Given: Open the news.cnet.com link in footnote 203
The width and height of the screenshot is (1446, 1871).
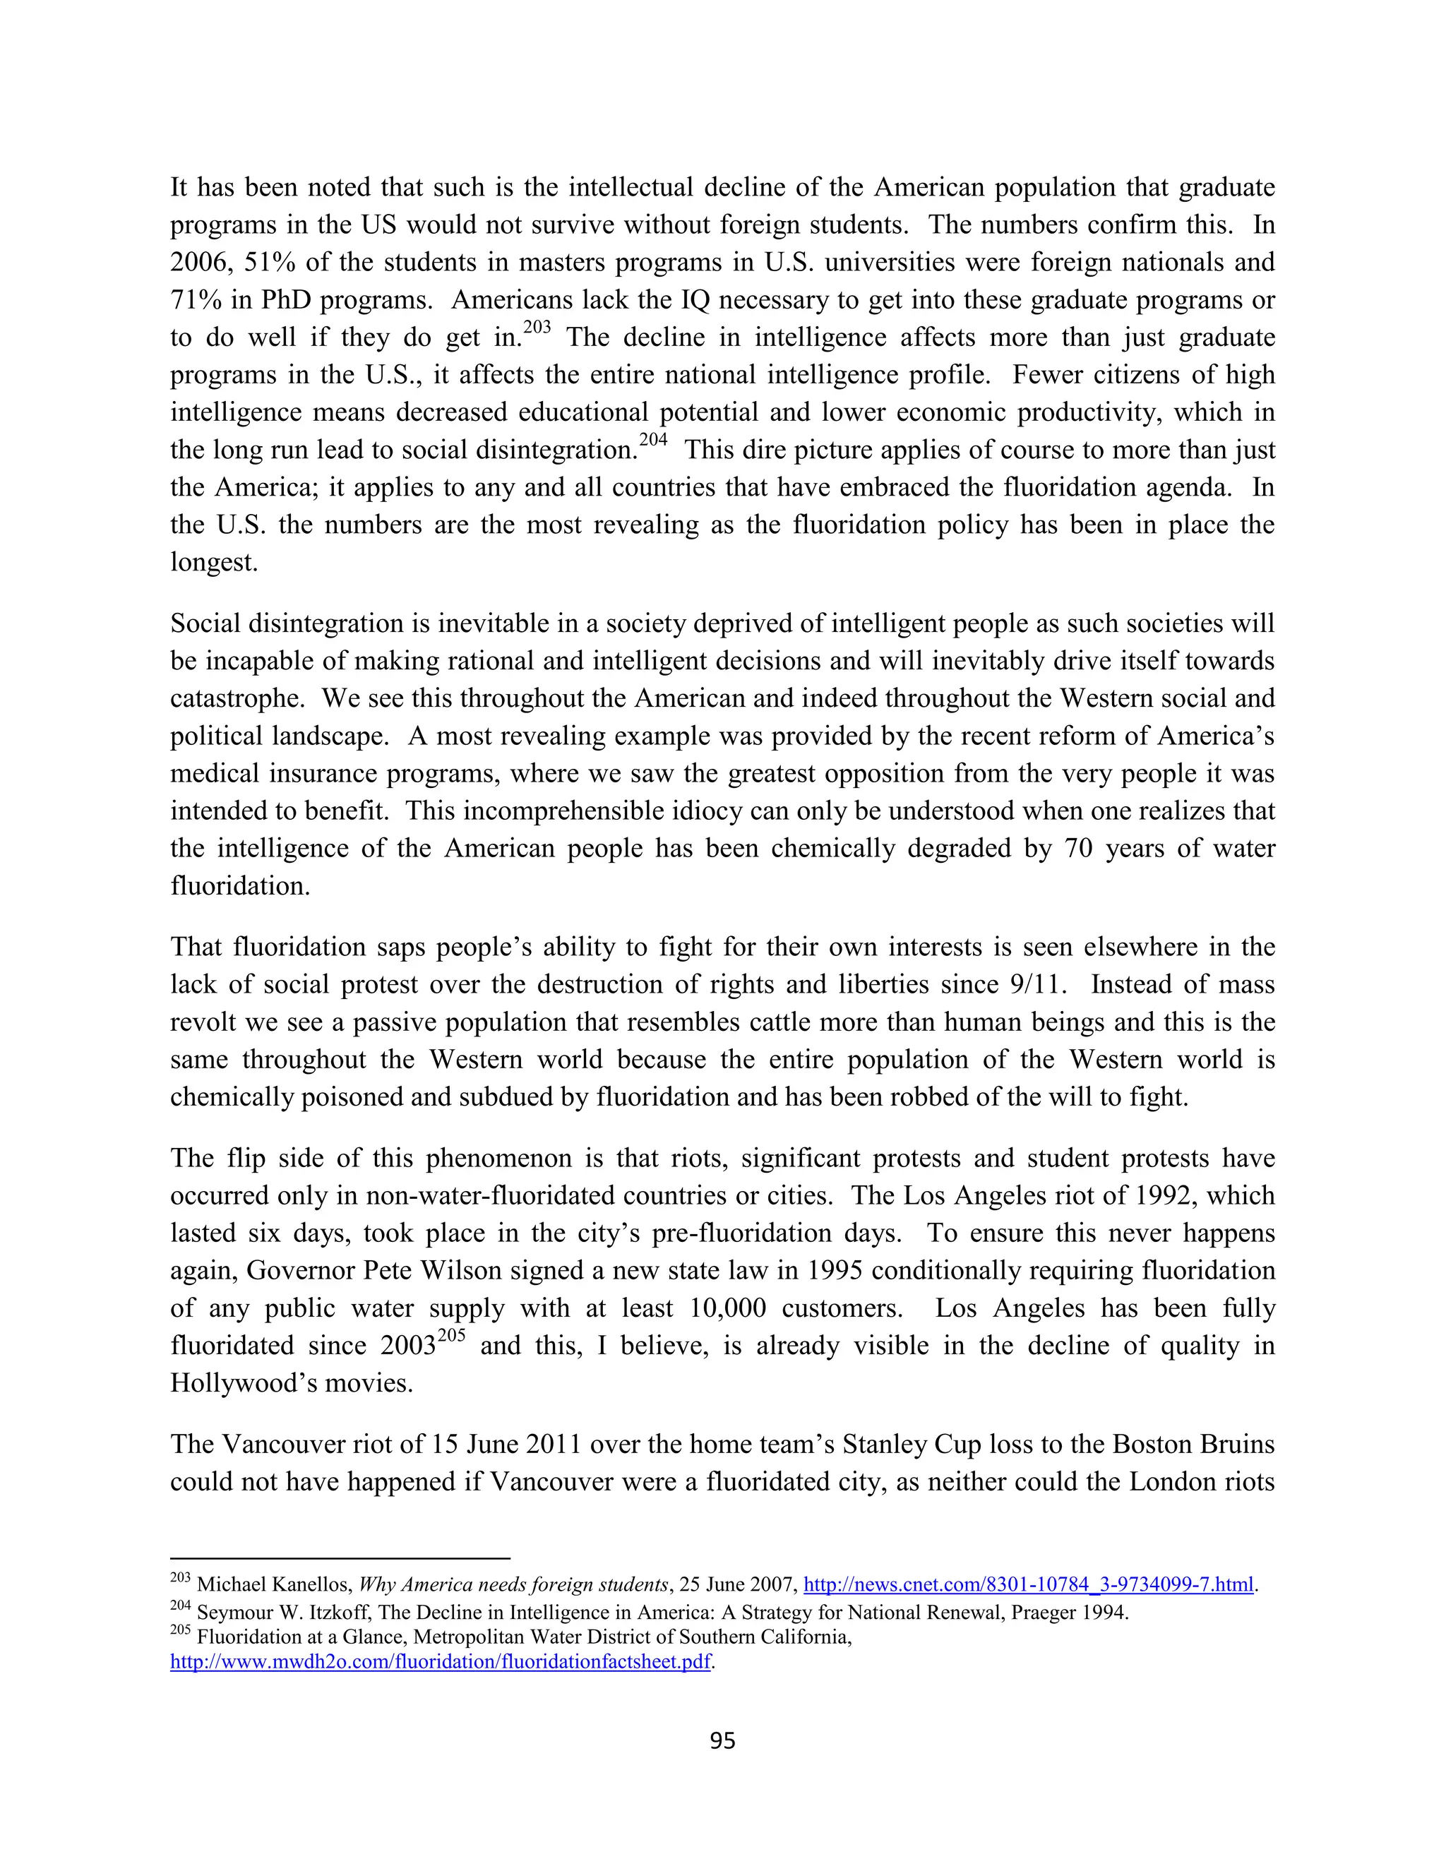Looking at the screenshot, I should (x=1028, y=1585).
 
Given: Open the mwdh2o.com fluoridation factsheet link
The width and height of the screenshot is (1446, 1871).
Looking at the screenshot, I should (x=441, y=1662).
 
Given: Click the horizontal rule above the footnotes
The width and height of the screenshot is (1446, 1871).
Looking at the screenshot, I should (x=340, y=1558).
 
